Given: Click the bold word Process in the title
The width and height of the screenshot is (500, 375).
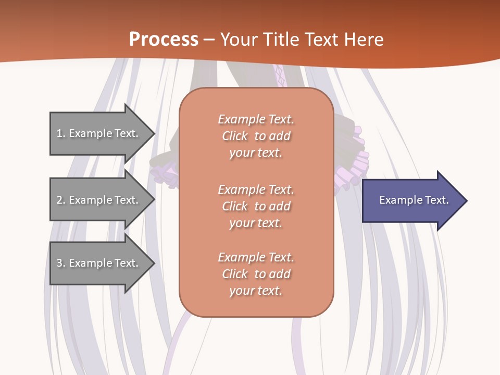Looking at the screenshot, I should click(x=164, y=40).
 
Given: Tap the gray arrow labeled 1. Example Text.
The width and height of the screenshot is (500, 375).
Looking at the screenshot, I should click(x=99, y=133).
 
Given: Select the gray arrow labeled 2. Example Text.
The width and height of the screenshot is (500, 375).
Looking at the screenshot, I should click(x=99, y=200).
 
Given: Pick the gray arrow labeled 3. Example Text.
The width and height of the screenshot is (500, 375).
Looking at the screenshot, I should click(x=99, y=263).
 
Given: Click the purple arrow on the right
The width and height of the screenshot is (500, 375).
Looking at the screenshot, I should click(x=411, y=200).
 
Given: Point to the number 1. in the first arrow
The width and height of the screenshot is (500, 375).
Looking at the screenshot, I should click(x=60, y=133).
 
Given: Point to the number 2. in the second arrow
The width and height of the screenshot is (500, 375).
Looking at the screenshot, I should click(x=60, y=200).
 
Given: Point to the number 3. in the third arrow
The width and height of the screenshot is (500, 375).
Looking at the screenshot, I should click(x=60, y=263).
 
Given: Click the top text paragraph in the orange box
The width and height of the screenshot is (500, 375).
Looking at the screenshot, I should click(x=256, y=136).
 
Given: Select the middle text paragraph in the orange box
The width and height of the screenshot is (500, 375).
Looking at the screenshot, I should click(x=256, y=206).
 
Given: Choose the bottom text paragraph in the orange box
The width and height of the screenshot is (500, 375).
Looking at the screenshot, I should click(x=256, y=274).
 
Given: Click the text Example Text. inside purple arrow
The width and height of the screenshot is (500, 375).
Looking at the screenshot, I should click(x=414, y=200).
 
